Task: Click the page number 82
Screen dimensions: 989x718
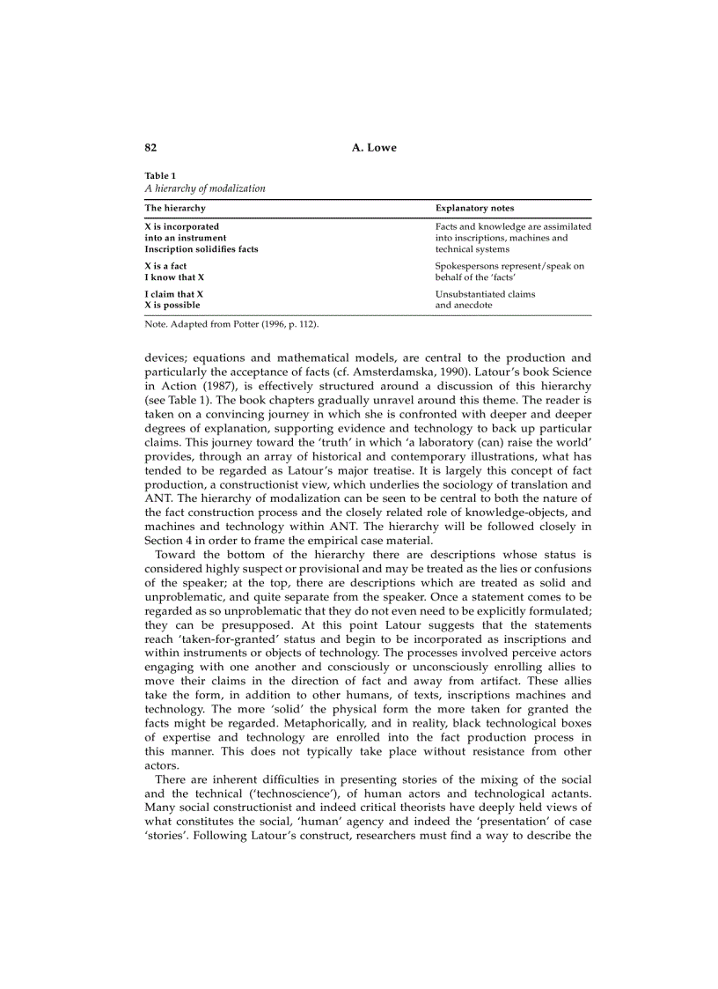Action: [150, 147]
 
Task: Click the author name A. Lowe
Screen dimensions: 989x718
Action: [374, 147]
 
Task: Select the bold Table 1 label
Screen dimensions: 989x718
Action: [160, 175]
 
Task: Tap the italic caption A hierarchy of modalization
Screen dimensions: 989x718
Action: [205, 188]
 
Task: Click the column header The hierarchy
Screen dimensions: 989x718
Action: [175, 208]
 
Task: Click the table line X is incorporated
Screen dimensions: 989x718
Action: [182, 226]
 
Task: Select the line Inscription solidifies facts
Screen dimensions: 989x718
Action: [201, 249]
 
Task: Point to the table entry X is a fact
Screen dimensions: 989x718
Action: [165, 266]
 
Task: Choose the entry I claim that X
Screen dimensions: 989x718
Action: [174, 294]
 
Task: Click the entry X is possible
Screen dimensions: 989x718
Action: [172, 306]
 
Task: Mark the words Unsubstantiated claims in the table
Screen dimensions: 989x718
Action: [485, 294]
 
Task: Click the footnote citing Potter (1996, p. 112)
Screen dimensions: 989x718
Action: [231, 324]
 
